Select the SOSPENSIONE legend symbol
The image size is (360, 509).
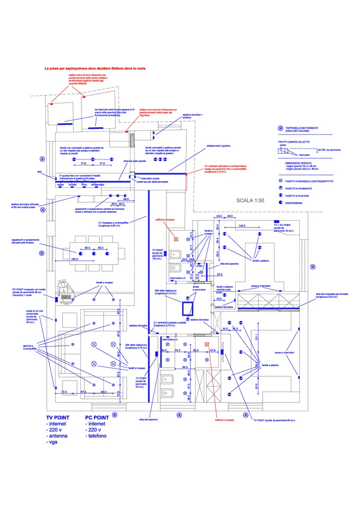pos(280,203)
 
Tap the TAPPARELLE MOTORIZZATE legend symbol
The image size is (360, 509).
pos(280,128)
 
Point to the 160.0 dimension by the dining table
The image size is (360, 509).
pos(74,260)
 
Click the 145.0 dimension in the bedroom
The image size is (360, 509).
pos(241,225)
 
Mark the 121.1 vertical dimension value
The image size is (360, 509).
pos(258,337)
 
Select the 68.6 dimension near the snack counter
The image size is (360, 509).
pos(125,199)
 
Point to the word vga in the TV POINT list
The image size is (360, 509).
pos(53,443)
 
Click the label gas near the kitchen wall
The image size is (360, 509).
pos(39,172)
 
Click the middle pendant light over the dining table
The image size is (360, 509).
pos(94,252)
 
